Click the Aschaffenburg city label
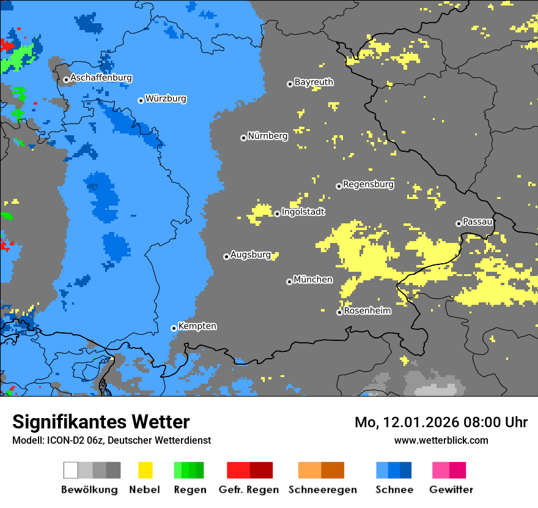[101, 78]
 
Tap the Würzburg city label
[166, 99]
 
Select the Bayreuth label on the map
[314, 82]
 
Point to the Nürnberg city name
[267, 136]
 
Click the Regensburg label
[368, 184]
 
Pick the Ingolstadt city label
[303, 212]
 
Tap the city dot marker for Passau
[459, 223]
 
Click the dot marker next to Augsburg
[226, 256]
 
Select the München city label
[313, 280]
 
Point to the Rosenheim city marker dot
[339, 312]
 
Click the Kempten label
[197, 326]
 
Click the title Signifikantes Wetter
[101, 422]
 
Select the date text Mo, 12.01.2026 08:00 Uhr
[441, 422]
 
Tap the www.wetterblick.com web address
[441, 440]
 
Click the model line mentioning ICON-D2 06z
[111, 441]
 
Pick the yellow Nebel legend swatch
[145, 470]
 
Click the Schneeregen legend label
[322, 490]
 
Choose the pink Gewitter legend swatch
[441, 470]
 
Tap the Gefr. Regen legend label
[249, 490]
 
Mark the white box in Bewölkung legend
[71, 470]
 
